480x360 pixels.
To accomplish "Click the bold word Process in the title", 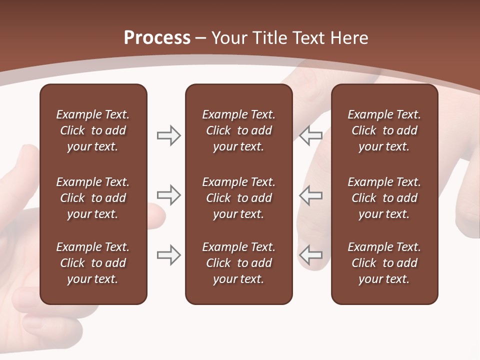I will (157, 38).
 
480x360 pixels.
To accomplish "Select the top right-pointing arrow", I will (168, 135).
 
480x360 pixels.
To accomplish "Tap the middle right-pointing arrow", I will (168, 195).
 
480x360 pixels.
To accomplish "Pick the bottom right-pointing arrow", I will (168, 255).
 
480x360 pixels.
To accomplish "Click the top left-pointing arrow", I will (310, 135).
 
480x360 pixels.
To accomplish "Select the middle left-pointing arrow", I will (310, 195).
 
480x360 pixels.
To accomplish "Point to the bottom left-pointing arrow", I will (310, 255).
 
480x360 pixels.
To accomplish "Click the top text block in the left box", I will (93, 130).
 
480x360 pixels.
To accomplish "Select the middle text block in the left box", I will (93, 198).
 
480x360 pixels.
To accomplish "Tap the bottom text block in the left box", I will (93, 263).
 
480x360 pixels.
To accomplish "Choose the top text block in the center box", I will (238, 130).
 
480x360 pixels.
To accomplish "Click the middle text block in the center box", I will (238, 198).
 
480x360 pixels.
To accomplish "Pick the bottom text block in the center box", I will (238, 263).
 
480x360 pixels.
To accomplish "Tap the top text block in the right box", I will (384, 130).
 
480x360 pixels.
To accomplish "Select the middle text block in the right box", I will (384, 198).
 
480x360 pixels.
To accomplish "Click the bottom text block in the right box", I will (384, 263).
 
